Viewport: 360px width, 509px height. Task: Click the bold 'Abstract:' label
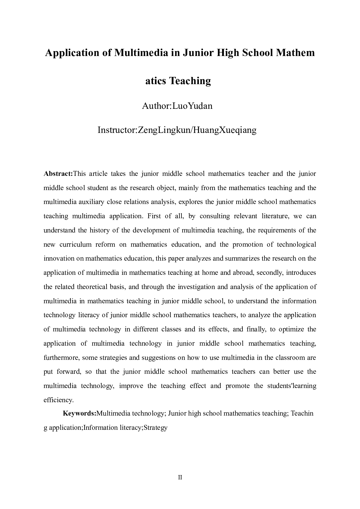[58, 174]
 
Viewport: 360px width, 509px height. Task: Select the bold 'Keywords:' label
[79, 413]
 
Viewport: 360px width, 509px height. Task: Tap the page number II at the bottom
[180, 477]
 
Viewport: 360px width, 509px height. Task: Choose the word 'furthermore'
[61, 358]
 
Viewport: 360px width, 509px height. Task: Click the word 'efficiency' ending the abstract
[58, 400]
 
